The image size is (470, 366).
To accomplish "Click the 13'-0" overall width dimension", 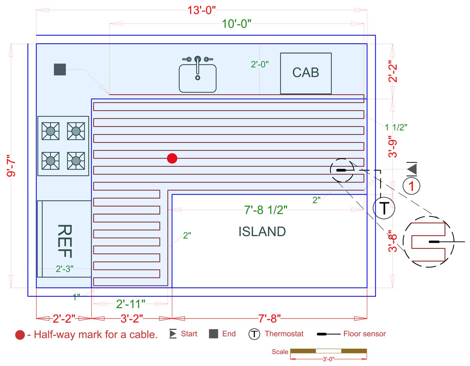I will point(201,10).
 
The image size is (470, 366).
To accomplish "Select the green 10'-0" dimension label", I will point(236,24).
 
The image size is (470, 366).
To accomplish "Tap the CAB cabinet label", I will point(305,73).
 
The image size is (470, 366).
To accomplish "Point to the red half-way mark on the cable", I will point(172,158).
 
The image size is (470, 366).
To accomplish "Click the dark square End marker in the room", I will point(60,70).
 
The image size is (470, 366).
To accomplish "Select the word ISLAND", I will point(262,232).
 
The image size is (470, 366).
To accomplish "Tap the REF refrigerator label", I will point(65,241).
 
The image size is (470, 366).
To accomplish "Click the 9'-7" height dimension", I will point(11,166).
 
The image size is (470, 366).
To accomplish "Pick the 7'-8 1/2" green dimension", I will point(266,210).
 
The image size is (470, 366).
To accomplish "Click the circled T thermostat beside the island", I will point(384,208).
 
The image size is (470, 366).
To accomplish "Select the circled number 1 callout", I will point(411,186).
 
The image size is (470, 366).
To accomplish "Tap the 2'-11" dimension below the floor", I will point(131,304).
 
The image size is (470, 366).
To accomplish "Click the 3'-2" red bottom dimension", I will point(132,318).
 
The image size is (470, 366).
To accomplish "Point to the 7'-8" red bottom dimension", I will point(269,318).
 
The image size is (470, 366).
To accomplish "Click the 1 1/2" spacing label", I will point(396,127).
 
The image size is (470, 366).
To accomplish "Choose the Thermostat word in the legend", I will point(284,334).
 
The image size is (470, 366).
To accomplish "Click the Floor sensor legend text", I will point(365,334).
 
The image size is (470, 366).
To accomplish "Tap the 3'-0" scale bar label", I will point(328,359).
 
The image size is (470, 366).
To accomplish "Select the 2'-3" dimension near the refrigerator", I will point(64,269).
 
